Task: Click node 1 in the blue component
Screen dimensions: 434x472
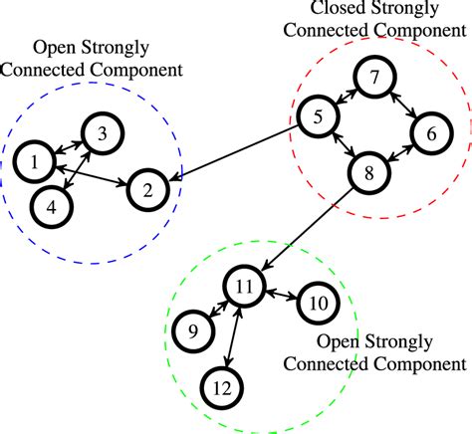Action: tap(35, 159)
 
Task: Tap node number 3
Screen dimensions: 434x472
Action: tap(102, 132)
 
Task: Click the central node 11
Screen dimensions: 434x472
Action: tap(244, 286)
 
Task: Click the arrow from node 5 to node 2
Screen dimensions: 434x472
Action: tap(234, 151)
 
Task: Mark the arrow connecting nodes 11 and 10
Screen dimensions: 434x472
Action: tap(281, 294)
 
